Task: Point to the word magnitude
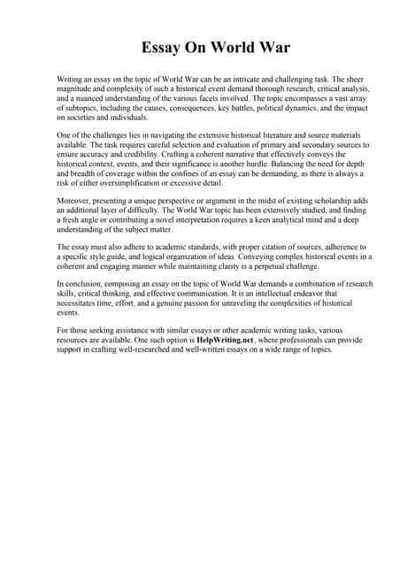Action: pyautogui.click(x=76, y=89)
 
